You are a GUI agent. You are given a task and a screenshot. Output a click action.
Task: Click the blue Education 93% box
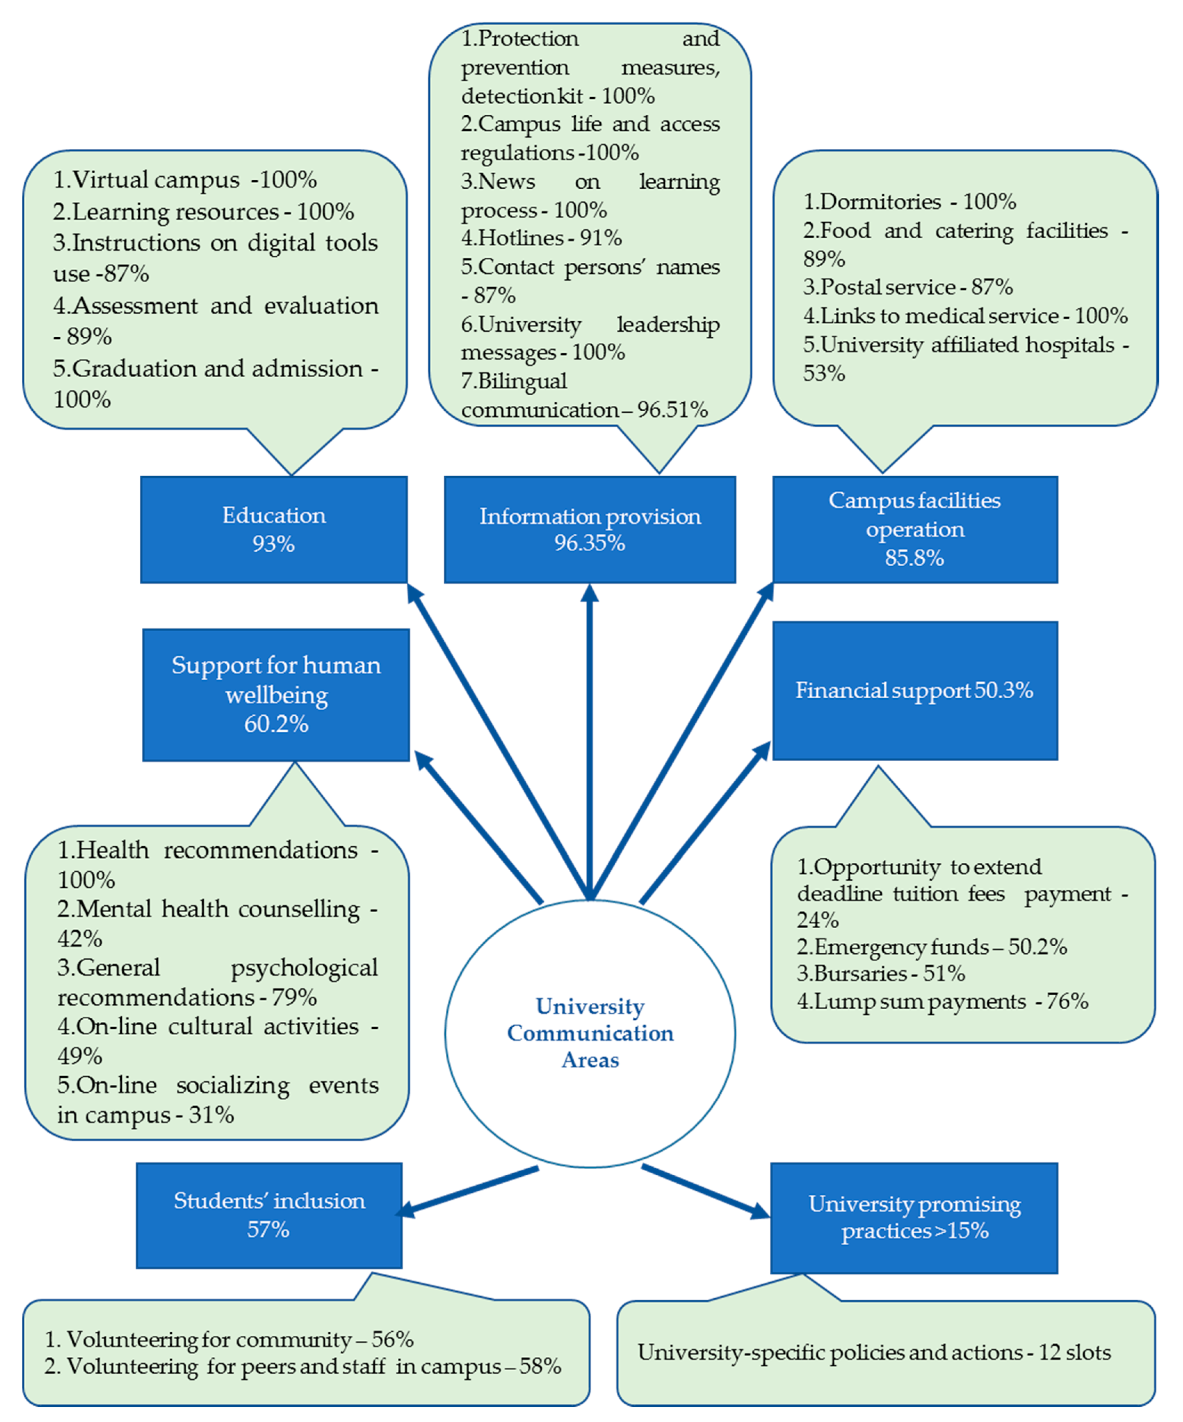point(274,529)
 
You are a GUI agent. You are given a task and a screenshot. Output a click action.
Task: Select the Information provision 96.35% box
point(590,529)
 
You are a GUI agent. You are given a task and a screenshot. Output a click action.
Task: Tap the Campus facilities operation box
point(915,529)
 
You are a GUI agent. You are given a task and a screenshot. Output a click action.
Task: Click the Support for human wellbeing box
point(276,695)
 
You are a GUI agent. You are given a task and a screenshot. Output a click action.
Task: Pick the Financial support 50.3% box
point(915,691)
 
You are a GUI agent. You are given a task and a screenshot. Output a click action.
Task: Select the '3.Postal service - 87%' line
point(908,287)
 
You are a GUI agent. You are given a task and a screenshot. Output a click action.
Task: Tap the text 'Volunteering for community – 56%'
point(229,1339)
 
